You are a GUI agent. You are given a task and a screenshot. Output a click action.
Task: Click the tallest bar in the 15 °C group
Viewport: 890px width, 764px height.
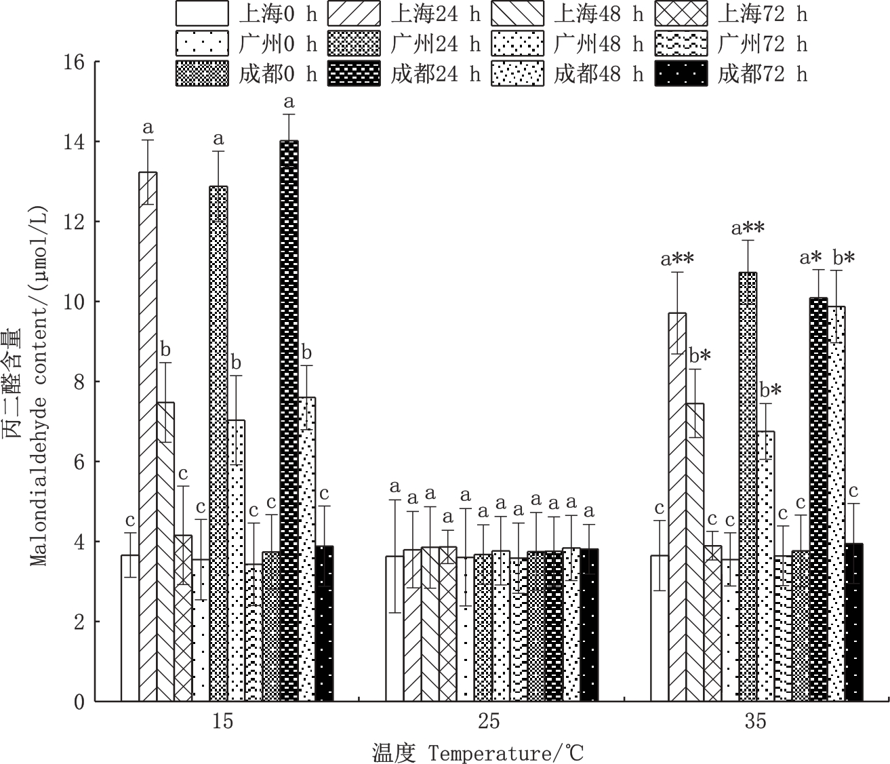pos(289,420)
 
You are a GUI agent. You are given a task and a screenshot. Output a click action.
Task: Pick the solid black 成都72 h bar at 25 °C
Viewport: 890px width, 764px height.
pos(589,624)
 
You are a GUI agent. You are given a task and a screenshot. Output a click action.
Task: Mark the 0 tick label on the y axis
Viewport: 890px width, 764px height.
pos(79,702)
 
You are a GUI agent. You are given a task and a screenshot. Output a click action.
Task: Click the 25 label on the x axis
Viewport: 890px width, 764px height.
pos(489,721)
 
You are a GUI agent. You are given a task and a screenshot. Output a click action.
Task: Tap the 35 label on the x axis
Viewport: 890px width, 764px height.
pos(755,721)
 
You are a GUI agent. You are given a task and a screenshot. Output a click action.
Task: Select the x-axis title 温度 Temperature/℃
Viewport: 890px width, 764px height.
pos(477,752)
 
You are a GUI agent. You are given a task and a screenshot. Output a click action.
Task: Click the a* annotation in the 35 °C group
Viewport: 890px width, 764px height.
pos(811,257)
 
